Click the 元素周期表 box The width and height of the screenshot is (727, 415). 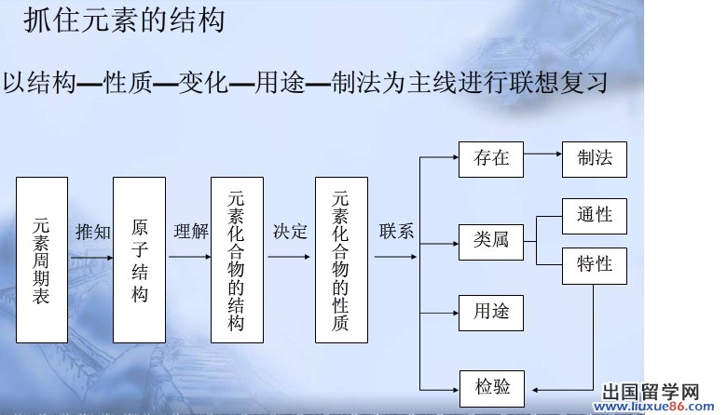pyautogui.click(x=42, y=260)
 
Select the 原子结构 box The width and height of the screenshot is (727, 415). pyautogui.click(x=139, y=260)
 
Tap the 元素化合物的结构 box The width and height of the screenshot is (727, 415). pyautogui.click(x=237, y=260)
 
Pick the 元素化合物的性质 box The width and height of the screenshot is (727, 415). pyautogui.click(x=341, y=260)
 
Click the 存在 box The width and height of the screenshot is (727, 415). pyautogui.click(x=491, y=158)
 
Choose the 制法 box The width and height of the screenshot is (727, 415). pyautogui.click(x=595, y=158)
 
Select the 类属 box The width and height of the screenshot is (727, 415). pyautogui.click(x=491, y=241)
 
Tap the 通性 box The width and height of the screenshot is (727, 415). pyautogui.click(x=595, y=216)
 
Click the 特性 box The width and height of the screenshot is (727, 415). pyautogui.click(x=595, y=265)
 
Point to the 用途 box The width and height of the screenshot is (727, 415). pyautogui.click(x=491, y=312)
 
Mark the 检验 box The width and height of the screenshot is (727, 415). pyautogui.click(x=491, y=385)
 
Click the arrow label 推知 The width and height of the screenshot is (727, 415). pyautogui.click(x=92, y=232)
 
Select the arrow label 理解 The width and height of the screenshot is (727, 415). pyautogui.click(x=190, y=232)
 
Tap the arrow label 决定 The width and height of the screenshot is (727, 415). pyautogui.click(x=290, y=232)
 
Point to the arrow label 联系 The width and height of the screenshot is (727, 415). pyautogui.click(x=396, y=232)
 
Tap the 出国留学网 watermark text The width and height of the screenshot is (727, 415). pyautogui.click(x=652, y=393)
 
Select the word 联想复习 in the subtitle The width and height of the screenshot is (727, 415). pyautogui.click(x=560, y=83)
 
